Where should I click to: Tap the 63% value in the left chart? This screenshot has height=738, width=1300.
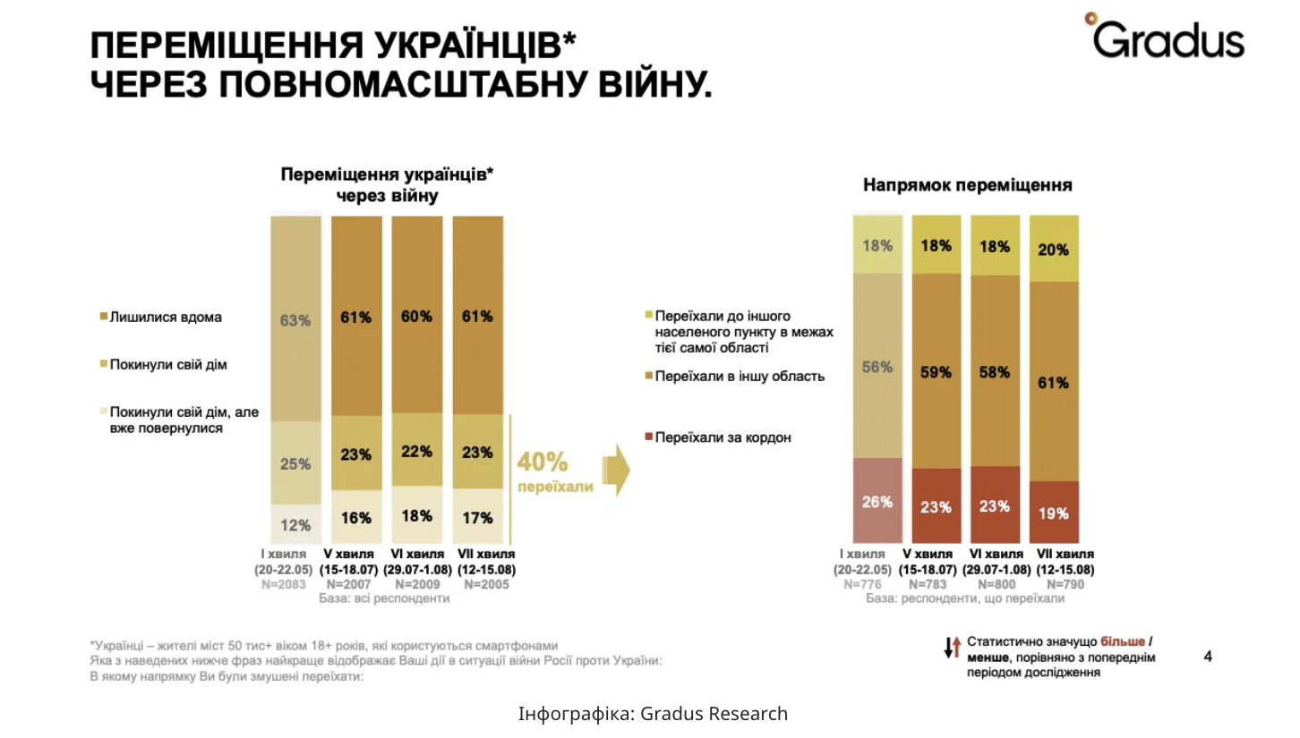(295, 320)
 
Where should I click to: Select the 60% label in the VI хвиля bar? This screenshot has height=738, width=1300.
(416, 317)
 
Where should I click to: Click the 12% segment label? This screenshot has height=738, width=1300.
(295, 524)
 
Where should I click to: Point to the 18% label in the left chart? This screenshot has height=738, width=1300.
(416, 516)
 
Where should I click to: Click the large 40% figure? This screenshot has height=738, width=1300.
(542, 463)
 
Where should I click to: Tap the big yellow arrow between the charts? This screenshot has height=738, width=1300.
(617, 469)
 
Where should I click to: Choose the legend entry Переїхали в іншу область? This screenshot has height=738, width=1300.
(739, 377)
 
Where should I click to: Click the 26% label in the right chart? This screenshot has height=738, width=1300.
(877, 502)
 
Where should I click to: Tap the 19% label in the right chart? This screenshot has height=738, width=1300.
(1053, 513)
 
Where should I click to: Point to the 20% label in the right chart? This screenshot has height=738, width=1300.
(1053, 250)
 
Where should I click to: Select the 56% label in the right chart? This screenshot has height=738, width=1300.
(877, 367)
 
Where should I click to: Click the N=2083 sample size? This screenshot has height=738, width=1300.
(284, 584)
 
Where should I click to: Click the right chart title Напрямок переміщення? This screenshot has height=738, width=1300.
(967, 186)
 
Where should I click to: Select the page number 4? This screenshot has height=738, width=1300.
(1208, 657)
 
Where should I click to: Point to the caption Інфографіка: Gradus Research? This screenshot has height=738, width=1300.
(653, 714)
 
